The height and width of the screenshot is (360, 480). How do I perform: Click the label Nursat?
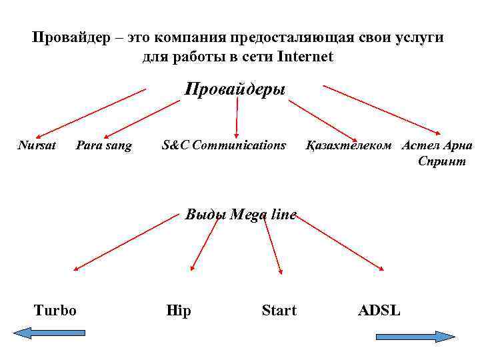[37, 145]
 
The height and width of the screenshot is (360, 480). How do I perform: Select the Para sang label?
[104, 145]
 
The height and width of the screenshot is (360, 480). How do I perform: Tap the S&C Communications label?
[224, 145]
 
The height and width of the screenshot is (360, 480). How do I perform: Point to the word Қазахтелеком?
[349, 145]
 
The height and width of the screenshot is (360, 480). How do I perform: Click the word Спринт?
[442, 161]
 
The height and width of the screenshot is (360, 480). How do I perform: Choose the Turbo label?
[55, 310]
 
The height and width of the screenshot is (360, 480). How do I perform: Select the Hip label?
[178, 311]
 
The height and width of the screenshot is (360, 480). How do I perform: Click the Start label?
[279, 310]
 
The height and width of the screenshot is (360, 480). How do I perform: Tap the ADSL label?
[379, 310]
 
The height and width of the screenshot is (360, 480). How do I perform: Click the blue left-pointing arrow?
[49, 332]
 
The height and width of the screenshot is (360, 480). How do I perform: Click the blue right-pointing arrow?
[415, 337]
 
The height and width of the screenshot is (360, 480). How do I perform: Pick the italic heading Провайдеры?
[235, 89]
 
